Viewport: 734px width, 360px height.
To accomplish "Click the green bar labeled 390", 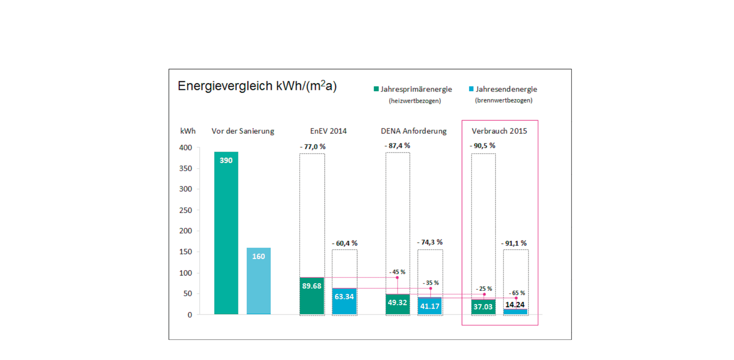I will [x=226, y=233].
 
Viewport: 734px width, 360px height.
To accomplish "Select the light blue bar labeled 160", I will [x=258, y=281].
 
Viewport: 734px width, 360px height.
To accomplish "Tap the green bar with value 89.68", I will [x=312, y=296].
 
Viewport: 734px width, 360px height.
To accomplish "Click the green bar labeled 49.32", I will [x=398, y=304].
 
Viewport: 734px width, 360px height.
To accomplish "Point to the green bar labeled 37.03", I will [x=483, y=307].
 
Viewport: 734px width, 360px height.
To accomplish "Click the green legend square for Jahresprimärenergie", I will [x=376, y=89].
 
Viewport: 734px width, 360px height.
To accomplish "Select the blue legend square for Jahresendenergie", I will [x=471, y=89].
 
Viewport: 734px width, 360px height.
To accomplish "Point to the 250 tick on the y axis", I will [x=185, y=210].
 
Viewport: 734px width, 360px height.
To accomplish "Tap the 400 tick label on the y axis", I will [x=185, y=148].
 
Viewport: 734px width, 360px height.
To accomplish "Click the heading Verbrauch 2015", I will [x=499, y=131].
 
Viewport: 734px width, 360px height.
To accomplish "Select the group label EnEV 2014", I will [x=328, y=131].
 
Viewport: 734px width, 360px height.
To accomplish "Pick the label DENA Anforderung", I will [x=414, y=131].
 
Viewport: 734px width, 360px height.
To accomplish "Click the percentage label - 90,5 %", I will [x=482, y=146].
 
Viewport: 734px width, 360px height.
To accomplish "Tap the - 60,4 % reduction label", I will [x=344, y=243].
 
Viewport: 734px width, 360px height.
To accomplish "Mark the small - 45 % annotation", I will [x=397, y=272].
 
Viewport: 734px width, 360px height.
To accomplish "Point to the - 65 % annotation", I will [x=517, y=293].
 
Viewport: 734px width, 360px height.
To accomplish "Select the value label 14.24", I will [x=515, y=305].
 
